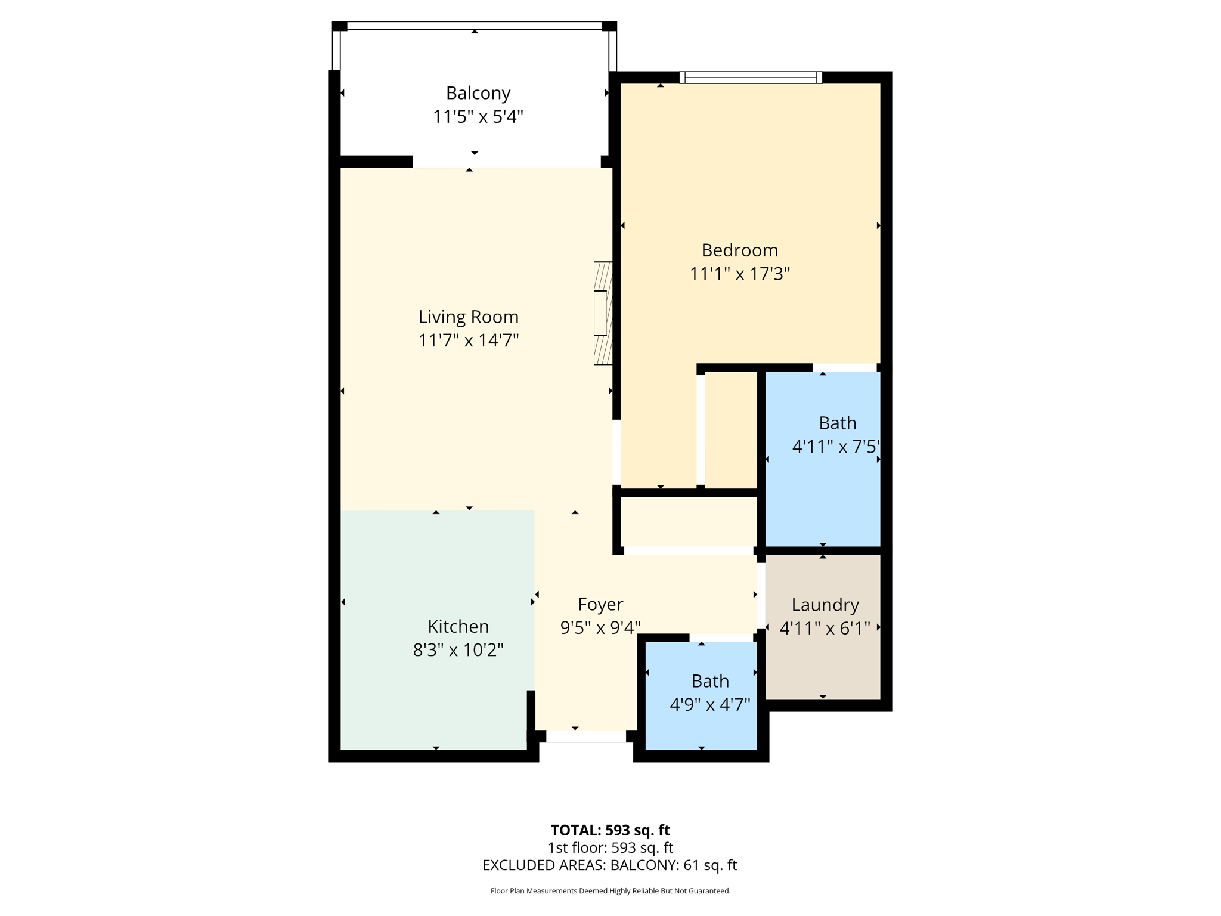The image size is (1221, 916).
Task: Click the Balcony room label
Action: [478, 93]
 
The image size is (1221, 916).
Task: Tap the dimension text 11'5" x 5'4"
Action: [478, 116]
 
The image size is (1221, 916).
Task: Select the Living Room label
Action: [468, 317]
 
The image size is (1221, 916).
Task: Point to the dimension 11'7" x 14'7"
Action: [468, 341]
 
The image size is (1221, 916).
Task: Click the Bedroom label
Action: [739, 250]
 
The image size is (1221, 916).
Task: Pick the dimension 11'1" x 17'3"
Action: [739, 274]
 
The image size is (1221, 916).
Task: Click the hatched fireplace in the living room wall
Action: [603, 313]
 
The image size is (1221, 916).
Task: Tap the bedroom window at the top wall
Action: [751, 78]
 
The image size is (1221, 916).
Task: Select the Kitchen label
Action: [458, 626]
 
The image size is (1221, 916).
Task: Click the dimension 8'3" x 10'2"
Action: [458, 649]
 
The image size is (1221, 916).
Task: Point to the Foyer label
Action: [600, 604]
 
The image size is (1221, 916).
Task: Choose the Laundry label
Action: [825, 605]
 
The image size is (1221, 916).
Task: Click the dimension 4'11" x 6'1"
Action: [825, 628]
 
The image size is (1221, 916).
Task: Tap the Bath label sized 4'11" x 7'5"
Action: [837, 423]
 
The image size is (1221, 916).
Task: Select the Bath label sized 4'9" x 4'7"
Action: [710, 681]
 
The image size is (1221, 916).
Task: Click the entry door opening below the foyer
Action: [586, 737]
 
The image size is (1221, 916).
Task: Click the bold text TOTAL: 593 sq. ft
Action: [610, 830]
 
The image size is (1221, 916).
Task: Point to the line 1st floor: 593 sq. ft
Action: [610, 847]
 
